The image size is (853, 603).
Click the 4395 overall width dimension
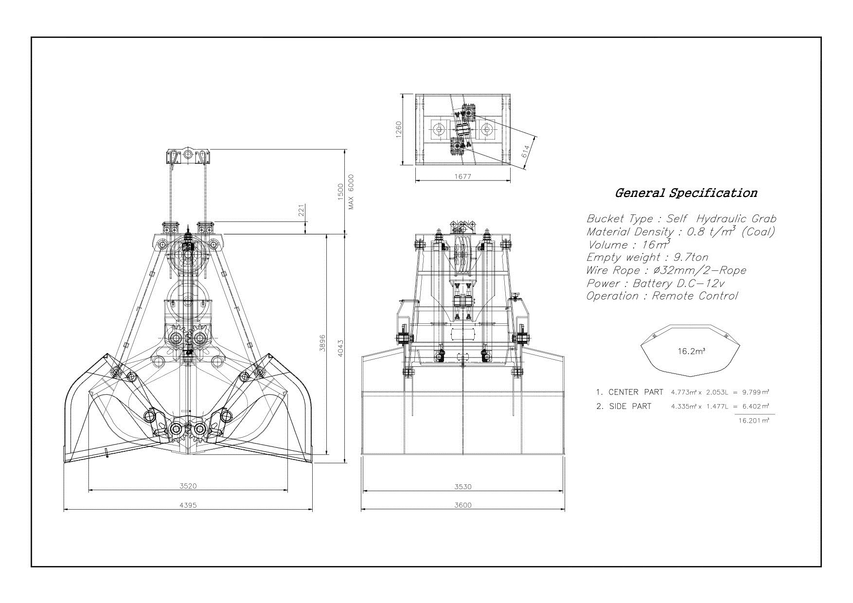click(188, 505)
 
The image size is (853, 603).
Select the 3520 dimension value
click(188, 486)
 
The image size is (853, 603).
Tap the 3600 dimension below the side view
click(463, 505)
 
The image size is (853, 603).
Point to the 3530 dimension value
click(463, 486)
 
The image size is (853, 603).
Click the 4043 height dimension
click(340, 348)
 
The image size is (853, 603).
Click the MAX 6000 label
click(351, 192)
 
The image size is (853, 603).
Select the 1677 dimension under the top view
click(462, 177)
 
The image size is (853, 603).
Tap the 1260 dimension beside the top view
click(399, 130)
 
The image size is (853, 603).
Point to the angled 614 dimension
click(526, 153)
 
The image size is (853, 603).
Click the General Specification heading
click(686, 193)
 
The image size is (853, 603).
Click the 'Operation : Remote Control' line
click(662, 296)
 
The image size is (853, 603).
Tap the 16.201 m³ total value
click(753, 421)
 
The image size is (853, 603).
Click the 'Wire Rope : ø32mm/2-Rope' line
click(666, 270)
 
